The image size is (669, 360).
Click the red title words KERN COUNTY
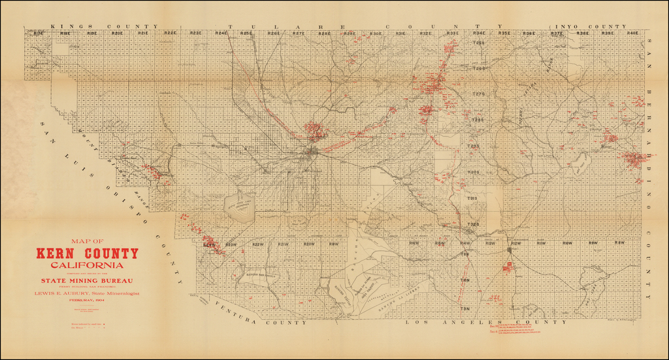[x=88, y=254]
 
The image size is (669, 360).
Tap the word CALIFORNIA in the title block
[x=88, y=265]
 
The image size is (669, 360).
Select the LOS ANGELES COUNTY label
[x=485, y=322]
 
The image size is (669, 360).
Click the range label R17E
[x=39, y=33]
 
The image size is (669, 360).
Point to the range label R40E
[x=632, y=33]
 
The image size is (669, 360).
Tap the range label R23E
[x=195, y=33]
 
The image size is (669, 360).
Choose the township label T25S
[x=478, y=43]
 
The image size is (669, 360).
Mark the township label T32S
[x=473, y=224]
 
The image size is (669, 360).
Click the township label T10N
[x=465, y=280]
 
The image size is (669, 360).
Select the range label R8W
[x=619, y=243]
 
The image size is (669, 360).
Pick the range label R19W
[x=334, y=244]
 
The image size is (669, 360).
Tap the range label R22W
[x=257, y=244]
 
